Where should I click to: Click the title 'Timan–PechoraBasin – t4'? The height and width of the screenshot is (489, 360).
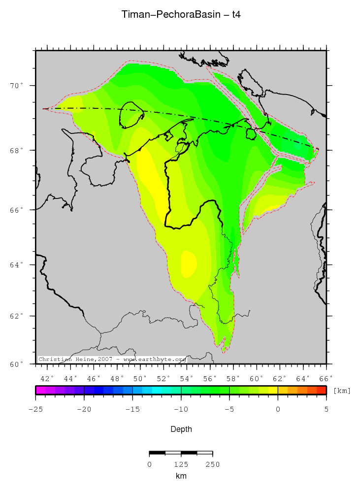pos(181,15)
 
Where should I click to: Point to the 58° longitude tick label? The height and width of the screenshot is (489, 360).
pos(233,378)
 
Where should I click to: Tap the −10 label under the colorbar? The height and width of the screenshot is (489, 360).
pos(181,409)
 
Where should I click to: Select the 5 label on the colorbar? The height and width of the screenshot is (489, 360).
pos(326,409)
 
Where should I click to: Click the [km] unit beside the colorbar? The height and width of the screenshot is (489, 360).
pos(342,391)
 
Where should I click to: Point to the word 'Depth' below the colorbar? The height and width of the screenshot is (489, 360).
pos(181,429)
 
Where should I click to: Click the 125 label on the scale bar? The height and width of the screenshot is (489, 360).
pos(181,464)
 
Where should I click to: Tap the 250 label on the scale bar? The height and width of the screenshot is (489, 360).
pos(212,464)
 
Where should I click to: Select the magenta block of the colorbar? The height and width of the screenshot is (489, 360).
pos(40,390)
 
